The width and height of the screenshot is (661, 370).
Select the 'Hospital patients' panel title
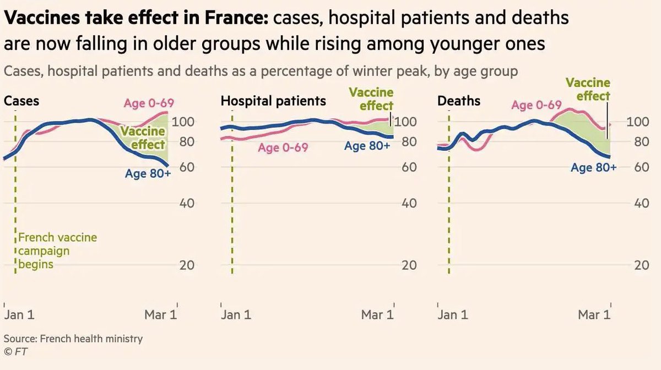tap(273, 101)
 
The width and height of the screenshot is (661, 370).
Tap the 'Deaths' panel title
tap(458, 101)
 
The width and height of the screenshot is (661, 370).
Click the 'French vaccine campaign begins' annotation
tap(57, 251)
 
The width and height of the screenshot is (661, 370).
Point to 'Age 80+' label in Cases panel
tap(148, 173)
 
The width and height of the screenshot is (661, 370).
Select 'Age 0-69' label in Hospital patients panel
tap(283, 148)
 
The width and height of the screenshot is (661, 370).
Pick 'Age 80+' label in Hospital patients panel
tap(367, 146)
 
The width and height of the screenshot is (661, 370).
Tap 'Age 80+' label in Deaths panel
tap(594, 168)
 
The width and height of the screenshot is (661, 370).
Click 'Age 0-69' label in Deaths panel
tap(536, 105)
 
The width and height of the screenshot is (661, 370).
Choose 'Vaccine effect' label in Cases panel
tap(144, 138)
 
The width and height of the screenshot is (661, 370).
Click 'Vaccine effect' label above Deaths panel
tap(588, 89)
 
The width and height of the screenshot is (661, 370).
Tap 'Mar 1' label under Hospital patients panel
tap(377, 315)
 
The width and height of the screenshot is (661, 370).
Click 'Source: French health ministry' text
tap(73, 339)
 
